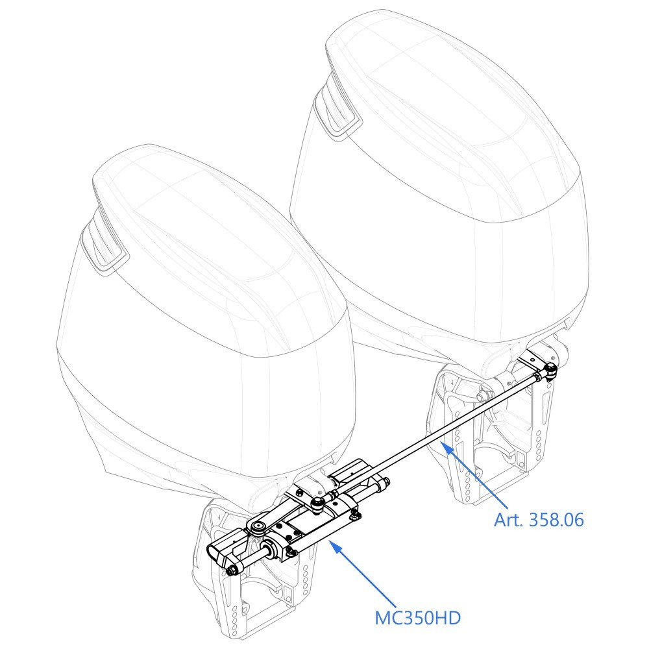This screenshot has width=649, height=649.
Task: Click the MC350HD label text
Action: (417, 618)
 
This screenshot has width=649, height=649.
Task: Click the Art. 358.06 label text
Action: (539, 520)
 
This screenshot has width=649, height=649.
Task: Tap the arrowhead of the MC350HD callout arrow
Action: (337, 548)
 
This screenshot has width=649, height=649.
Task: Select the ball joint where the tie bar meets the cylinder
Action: (317, 502)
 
